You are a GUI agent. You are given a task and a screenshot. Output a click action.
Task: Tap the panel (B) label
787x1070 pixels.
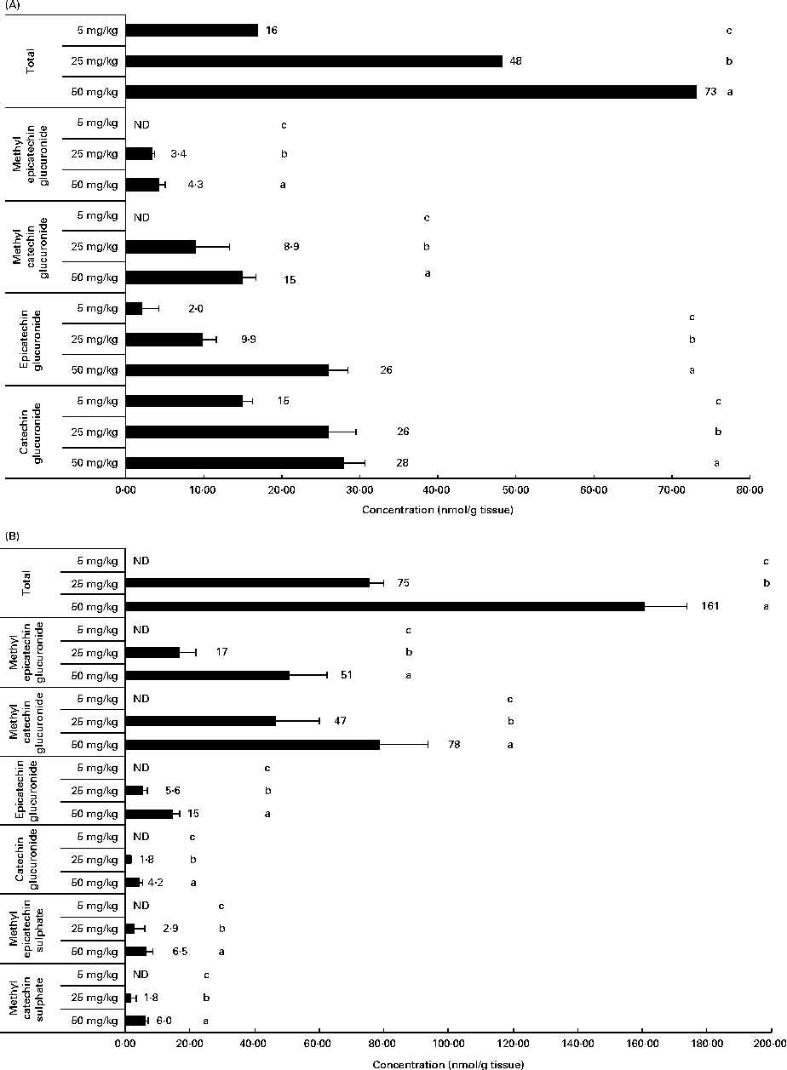click(12, 539)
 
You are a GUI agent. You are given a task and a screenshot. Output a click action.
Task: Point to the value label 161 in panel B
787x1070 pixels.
click(709, 607)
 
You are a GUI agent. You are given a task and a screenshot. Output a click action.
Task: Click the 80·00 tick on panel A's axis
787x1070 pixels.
click(750, 491)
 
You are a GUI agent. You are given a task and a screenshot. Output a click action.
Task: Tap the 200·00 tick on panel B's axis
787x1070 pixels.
click(771, 1043)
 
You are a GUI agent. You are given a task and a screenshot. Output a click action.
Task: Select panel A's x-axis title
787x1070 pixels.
click(436, 510)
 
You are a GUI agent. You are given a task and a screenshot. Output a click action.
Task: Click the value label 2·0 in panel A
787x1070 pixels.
click(181, 309)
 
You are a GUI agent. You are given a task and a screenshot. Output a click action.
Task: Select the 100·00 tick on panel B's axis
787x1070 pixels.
click(448, 1043)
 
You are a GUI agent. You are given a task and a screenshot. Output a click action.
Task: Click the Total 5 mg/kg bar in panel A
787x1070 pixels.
click(191, 31)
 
